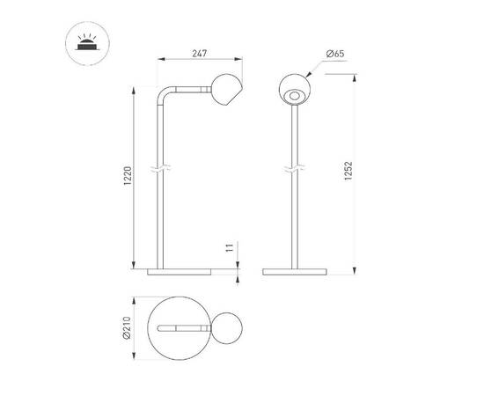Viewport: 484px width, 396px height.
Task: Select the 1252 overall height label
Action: point(349,172)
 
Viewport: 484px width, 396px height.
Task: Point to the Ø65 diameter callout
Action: point(334,55)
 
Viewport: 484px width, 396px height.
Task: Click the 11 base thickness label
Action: point(228,250)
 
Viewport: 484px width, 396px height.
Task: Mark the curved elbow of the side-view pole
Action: point(163,94)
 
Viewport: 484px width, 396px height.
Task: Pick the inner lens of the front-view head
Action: point(296,94)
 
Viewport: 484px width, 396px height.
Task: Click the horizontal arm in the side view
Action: point(189,88)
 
